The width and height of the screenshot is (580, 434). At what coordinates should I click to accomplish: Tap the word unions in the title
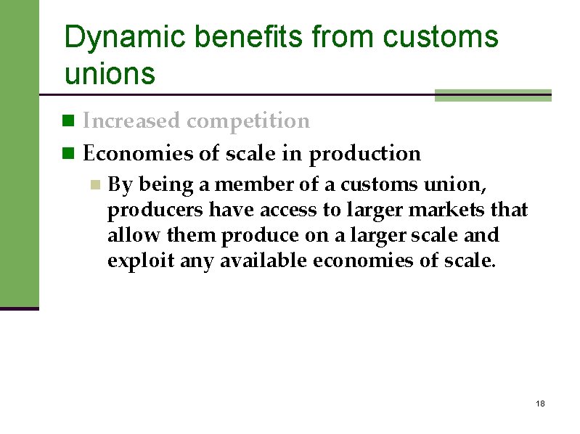click(x=110, y=73)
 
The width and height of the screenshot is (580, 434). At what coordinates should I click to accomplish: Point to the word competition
click(x=248, y=121)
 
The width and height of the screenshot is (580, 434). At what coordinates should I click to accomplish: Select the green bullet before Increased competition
click(x=69, y=120)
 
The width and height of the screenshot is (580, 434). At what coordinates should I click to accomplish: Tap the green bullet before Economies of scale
click(x=69, y=153)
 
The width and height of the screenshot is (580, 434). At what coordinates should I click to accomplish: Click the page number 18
click(x=539, y=404)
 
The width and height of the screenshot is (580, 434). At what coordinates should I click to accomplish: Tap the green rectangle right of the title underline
click(x=493, y=95)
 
